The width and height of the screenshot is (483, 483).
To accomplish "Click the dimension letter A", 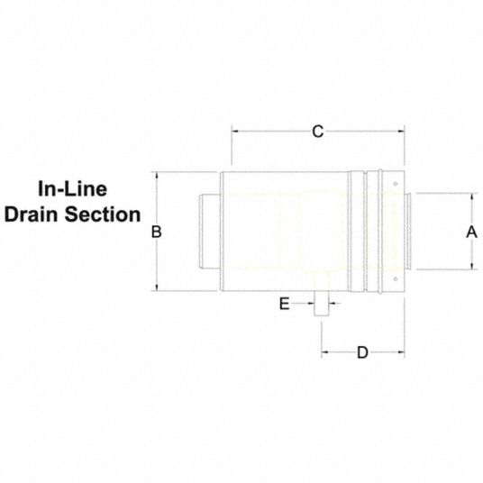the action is [471, 232].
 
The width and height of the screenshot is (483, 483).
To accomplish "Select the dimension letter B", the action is [157, 232].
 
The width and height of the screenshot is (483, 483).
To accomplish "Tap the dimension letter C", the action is [318, 132].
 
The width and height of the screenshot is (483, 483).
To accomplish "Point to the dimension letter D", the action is [362, 352].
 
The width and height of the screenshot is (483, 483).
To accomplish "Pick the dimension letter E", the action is [285, 304].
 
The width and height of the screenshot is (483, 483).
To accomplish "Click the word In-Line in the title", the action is [73, 189].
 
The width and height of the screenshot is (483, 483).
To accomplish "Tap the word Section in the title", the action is [103, 214].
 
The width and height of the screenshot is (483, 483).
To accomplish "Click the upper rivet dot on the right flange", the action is [396, 184].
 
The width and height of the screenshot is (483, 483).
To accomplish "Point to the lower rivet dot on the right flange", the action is [396, 279].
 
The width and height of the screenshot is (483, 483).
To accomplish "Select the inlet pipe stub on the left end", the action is [209, 232].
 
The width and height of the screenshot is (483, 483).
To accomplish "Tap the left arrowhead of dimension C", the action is [234, 132].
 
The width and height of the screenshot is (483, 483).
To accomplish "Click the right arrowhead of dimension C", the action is [401, 132].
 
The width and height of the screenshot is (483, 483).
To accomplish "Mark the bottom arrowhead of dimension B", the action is [157, 287].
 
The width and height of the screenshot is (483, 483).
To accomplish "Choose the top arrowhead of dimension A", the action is [472, 196].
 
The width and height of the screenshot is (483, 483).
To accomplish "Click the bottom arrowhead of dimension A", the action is [472, 266].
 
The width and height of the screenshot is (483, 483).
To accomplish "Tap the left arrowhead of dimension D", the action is [325, 351].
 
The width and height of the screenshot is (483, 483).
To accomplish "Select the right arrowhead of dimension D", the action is [401, 351].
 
